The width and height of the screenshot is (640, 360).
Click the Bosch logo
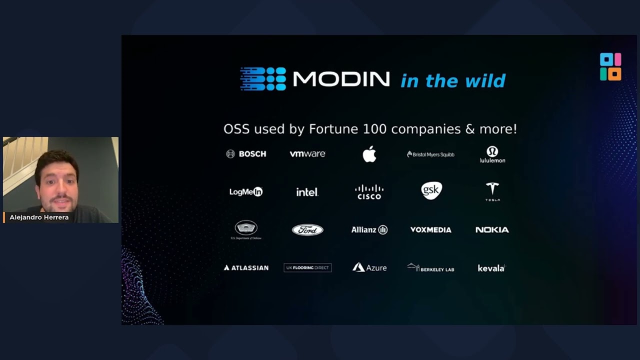(246, 154)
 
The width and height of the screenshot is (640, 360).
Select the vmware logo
(307, 154)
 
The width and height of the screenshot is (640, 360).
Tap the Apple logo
(369, 154)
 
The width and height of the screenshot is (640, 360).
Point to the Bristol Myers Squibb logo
(430, 154)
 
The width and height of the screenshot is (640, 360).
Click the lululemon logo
(492, 154)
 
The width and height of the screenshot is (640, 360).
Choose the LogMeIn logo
(246, 191)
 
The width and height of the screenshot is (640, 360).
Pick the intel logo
(307, 192)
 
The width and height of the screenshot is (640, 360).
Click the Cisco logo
(369, 192)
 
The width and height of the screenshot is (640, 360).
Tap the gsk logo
(431, 190)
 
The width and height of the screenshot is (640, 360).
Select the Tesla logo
(492, 191)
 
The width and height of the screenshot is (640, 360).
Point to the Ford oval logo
(307, 229)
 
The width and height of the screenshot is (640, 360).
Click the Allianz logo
(369, 229)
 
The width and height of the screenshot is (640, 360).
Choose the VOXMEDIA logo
(430, 229)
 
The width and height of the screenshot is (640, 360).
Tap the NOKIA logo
(492, 229)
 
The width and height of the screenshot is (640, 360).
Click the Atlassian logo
(246, 268)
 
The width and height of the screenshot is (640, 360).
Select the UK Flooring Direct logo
(307, 268)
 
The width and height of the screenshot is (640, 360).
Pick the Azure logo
(369, 267)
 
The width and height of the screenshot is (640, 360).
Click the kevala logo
(491, 268)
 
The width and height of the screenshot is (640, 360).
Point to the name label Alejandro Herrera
(39, 217)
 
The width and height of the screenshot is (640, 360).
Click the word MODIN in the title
(341, 79)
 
